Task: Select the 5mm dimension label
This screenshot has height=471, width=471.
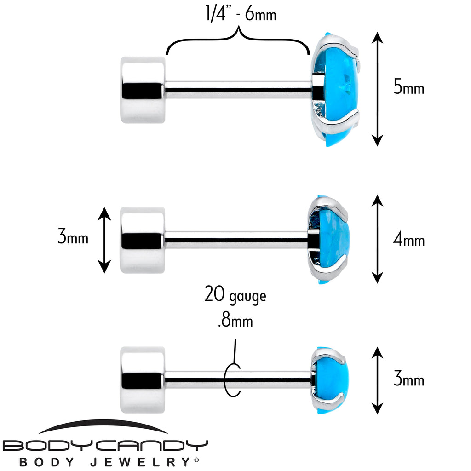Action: [x=408, y=87]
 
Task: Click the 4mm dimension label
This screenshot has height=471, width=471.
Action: [x=408, y=240]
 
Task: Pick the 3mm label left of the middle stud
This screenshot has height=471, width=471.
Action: [x=73, y=238]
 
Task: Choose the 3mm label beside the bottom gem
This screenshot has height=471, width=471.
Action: [x=408, y=380]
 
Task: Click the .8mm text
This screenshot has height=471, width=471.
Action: [x=235, y=320]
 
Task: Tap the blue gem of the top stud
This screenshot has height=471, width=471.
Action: [x=338, y=90]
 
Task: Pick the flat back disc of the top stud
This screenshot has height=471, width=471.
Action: [x=142, y=90]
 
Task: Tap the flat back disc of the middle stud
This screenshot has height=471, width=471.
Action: [x=142, y=240]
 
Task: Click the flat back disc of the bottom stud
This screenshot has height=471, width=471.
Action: [x=142, y=379]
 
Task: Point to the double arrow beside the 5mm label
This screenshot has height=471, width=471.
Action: [x=377, y=89]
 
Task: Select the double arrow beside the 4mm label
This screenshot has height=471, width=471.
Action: [x=377, y=239]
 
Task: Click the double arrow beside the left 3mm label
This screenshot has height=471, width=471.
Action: [x=105, y=239]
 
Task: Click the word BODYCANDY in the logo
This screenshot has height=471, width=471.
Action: [x=105, y=446]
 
